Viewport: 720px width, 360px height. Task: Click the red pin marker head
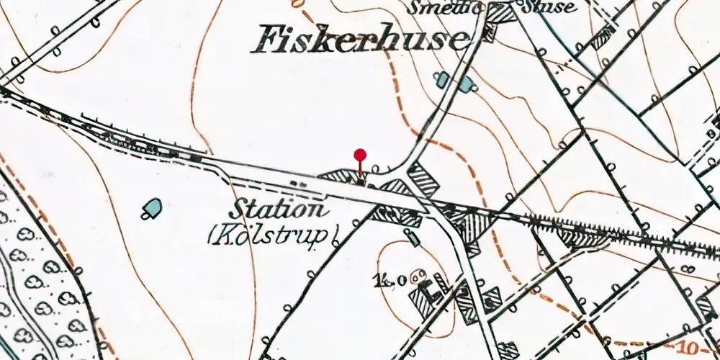(x=360, y=154)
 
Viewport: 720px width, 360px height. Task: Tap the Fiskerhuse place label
(x=358, y=40)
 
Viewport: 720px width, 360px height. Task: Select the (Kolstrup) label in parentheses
(x=273, y=235)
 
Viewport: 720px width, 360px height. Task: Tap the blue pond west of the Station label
(x=151, y=207)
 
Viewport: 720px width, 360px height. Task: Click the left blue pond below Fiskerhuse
(x=443, y=78)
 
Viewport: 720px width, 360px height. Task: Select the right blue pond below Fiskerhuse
(x=467, y=84)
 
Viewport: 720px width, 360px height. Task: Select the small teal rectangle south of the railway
(x=412, y=236)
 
